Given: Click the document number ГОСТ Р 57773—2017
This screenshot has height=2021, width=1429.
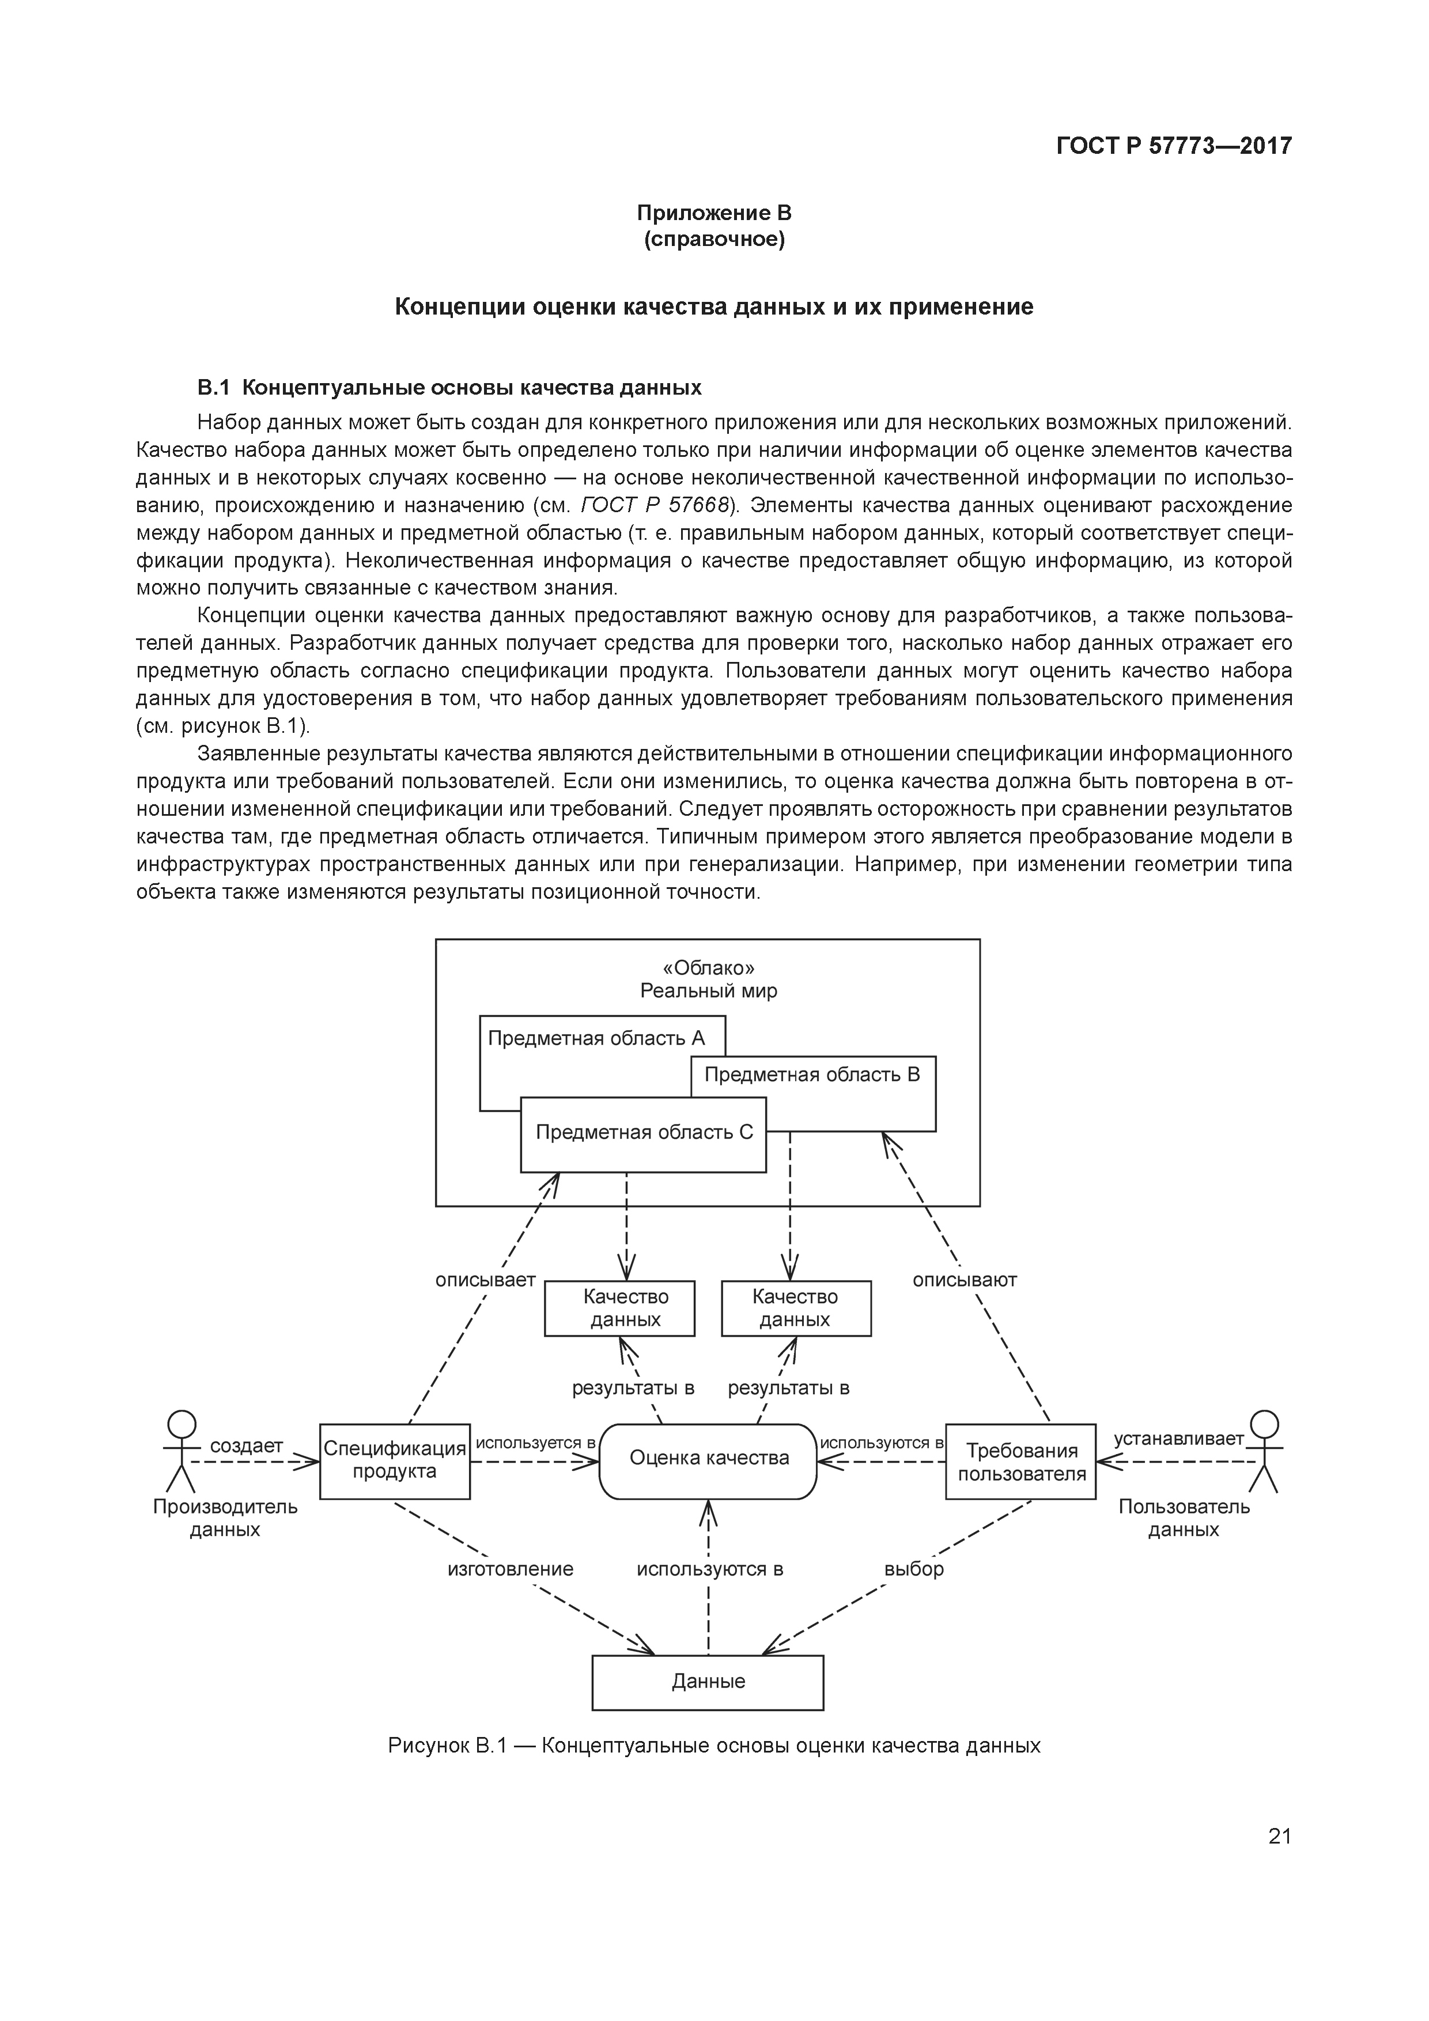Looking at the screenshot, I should (1174, 145).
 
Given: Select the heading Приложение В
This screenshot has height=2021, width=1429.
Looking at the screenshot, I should (714, 213).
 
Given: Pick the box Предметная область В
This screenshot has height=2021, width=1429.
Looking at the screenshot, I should (812, 1075).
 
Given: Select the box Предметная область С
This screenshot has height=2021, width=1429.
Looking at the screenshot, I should (644, 1133).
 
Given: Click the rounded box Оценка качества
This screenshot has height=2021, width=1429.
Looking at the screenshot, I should (709, 1459).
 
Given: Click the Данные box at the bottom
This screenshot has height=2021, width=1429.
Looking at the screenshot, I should (708, 1681).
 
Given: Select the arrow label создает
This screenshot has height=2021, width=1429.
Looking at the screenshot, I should (247, 1445).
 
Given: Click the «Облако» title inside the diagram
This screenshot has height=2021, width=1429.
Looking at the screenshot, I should (708, 968).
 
